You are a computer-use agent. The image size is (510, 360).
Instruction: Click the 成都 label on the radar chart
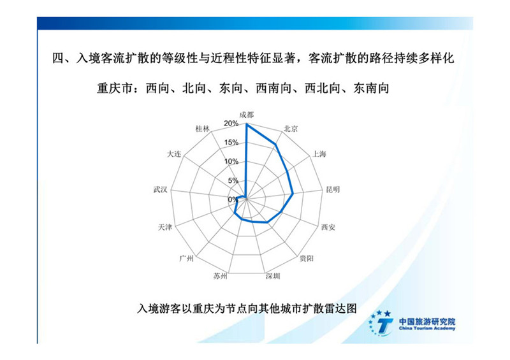click(246, 115)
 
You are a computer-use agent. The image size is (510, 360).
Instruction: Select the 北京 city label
click(291, 129)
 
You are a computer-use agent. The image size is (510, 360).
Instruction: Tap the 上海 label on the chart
click(319, 154)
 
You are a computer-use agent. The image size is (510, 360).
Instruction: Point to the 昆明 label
click(333, 189)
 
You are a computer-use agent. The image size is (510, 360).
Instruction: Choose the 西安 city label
click(328, 227)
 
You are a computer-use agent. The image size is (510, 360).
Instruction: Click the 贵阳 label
click(307, 259)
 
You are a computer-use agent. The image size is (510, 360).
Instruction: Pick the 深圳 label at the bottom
click(273, 276)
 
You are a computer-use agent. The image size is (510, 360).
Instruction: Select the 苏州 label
click(220, 276)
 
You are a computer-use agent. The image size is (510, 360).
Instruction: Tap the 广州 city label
click(186, 259)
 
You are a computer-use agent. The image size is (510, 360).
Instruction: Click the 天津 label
click(165, 227)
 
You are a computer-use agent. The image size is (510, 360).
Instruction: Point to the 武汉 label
click(161, 189)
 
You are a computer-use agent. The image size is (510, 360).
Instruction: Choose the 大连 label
click(173, 154)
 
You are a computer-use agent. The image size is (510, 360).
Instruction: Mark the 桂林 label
click(202, 129)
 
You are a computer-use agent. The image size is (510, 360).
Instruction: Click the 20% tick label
click(231, 124)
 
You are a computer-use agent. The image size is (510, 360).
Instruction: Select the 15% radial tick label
click(231, 143)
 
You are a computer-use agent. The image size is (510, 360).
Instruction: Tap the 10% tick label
click(231, 162)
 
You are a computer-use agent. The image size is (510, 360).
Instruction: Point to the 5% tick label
click(233, 180)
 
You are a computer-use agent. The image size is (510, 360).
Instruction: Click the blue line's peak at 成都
click(247, 124)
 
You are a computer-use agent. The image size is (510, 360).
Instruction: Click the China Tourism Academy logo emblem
click(381, 323)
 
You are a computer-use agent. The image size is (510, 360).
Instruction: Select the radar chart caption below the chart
click(247, 308)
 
